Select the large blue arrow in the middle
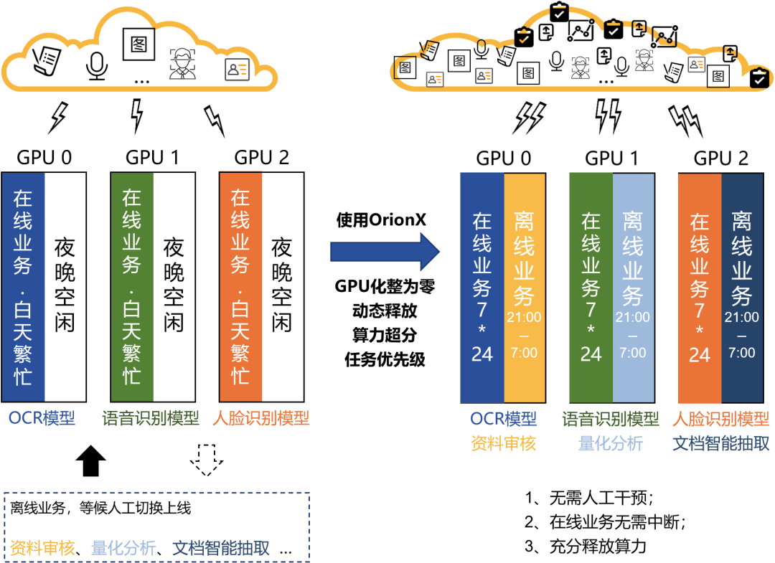pyautogui.click(x=384, y=252)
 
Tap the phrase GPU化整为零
pyautogui.click(x=385, y=287)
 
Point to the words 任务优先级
pyautogui.click(x=385, y=359)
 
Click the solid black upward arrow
pyautogui.click(x=90, y=460)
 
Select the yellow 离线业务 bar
pyautogui.click(x=525, y=287)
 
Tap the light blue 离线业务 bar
pyautogui.click(x=633, y=287)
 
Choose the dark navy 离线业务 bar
pyautogui.click(x=741, y=287)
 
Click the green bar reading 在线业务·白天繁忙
pyautogui.click(x=132, y=287)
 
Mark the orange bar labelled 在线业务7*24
pyautogui.click(x=699, y=287)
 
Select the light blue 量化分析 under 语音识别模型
pyautogui.click(x=611, y=444)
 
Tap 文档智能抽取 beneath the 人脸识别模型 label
pyautogui.click(x=720, y=444)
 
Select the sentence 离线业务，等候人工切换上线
pyautogui.click(x=100, y=508)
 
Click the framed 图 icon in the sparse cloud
pyautogui.click(x=139, y=44)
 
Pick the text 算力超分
pyautogui.click(x=385, y=336)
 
